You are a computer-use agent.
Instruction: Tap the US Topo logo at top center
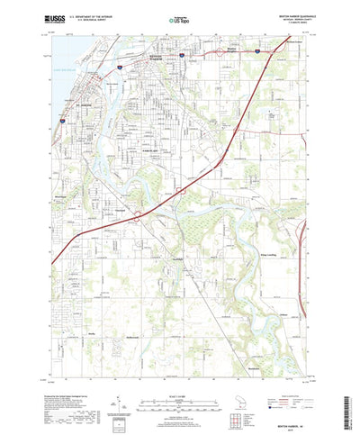pyautogui.click(x=179, y=18)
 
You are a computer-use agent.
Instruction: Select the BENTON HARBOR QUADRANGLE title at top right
pyautogui.click(x=285, y=16)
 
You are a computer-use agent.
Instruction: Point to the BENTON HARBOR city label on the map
pyautogui.click(x=157, y=57)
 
